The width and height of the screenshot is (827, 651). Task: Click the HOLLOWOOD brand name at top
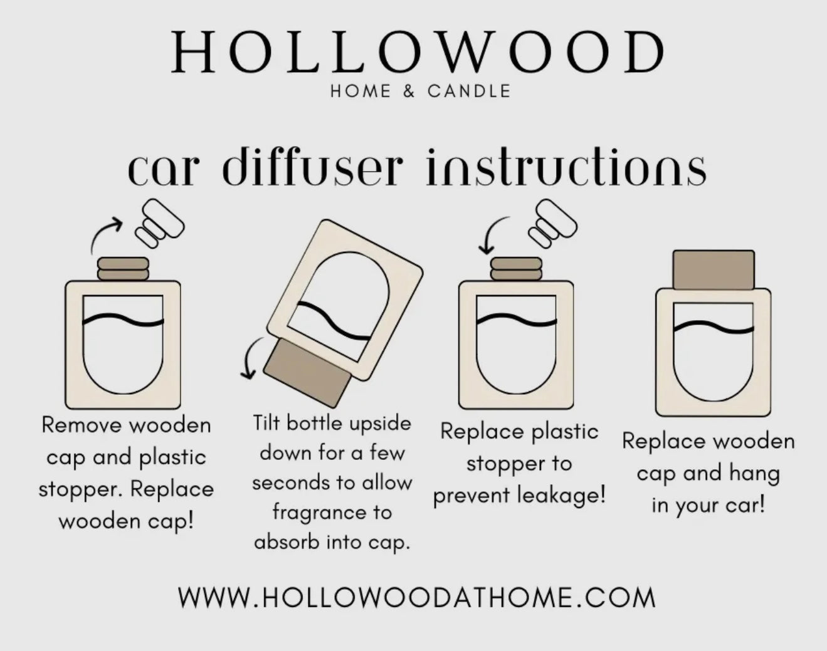[418, 53]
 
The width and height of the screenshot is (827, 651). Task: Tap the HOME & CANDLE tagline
[420, 91]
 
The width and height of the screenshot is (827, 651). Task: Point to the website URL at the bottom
[416, 597]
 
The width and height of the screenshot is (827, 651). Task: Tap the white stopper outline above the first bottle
[159, 222]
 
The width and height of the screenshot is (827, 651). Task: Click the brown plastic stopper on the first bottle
[123, 269]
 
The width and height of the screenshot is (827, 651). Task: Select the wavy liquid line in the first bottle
[123, 320]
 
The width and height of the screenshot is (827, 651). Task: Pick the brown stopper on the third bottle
[516, 269]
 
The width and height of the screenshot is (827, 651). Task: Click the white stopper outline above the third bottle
[552, 222]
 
